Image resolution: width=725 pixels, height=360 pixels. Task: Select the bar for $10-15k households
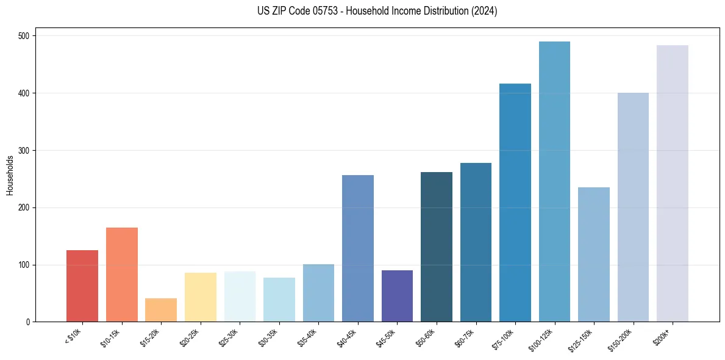(x=121, y=275)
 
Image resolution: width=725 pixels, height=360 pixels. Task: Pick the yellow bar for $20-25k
(x=200, y=297)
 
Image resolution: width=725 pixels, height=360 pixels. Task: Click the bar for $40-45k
(x=357, y=248)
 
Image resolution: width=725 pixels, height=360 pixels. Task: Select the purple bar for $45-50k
(x=397, y=296)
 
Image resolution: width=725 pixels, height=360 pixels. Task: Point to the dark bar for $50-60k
(x=436, y=247)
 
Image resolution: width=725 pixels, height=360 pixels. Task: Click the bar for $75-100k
(x=515, y=203)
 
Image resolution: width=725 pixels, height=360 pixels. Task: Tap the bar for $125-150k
(x=593, y=254)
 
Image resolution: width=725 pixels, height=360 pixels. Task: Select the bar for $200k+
(x=672, y=184)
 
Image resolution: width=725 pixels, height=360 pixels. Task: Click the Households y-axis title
(x=10, y=175)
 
